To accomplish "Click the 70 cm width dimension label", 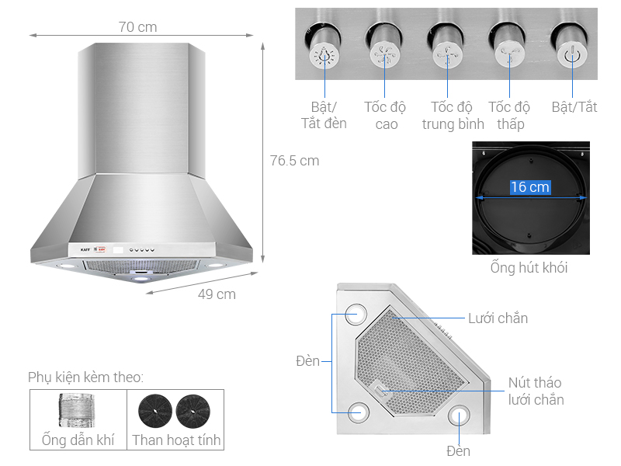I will click(x=138, y=27).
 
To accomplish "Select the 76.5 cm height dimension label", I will click(x=294, y=161).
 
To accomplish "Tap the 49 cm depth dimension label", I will click(x=217, y=294).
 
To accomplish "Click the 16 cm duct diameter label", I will click(x=529, y=187).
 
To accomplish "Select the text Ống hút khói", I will click(x=529, y=268).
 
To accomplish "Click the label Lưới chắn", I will click(x=498, y=318).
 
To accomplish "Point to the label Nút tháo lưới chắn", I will click(x=536, y=391).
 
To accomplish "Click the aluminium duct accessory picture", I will click(x=78, y=409).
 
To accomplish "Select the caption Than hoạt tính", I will click(x=176, y=440).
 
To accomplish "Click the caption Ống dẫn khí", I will click(x=78, y=440).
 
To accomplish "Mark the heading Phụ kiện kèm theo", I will click(x=85, y=377).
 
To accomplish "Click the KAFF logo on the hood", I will click(x=85, y=250).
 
